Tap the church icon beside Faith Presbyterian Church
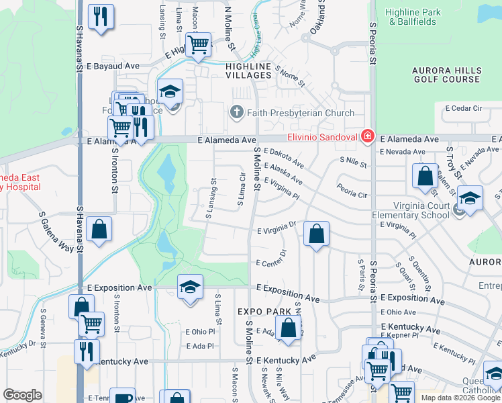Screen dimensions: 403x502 coord(236,112)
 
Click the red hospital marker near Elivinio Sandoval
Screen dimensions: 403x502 coord(367,137)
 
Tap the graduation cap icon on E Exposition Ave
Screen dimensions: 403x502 coord(191,287)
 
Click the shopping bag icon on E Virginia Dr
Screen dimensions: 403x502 coord(317,234)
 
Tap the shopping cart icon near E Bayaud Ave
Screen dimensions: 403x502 coord(198,45)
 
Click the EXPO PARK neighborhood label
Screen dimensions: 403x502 coord(264,312)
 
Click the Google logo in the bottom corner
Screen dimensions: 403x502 coord(22,395)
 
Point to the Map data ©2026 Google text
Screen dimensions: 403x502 coord(460,398)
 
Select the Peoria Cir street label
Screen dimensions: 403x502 coord(352,191)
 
